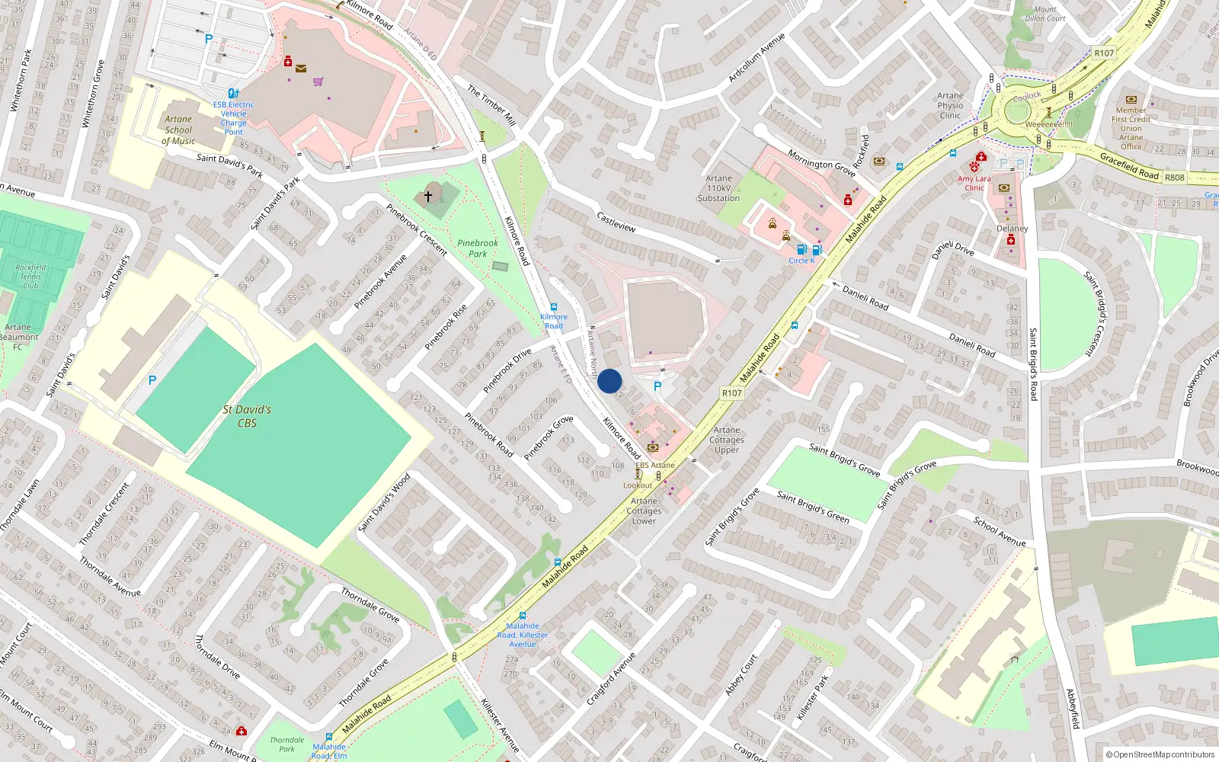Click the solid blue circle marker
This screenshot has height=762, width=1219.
(x=609, y=381)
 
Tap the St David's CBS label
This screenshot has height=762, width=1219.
(x=247, y=416)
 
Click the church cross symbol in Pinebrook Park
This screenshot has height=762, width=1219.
(x=428, y=197)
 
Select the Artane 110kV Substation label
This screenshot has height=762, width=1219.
(x=718, y=188)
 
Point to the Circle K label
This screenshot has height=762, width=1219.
(x=801, y=261)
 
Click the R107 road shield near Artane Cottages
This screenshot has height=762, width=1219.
(x=731, y=393)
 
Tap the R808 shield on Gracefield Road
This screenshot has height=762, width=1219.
(x=1175, y=178)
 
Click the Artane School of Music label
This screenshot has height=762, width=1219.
(x=178, y=130)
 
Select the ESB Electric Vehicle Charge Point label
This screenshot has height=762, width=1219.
(x=233, y=118)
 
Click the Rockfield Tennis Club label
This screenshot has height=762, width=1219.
(x=30, y=277)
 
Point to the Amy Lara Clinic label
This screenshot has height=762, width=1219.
(x=974, y=183)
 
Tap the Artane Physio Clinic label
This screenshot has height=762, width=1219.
(x=950, y=106)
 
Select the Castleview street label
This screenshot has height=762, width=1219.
(x=616, y=223)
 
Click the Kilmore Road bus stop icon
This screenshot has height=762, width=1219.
(x=554, y=307)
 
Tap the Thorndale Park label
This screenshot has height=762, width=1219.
(x=286, y=744)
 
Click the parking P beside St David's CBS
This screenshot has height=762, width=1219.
(x=152, y=380)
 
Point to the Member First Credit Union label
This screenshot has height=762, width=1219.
(x=1131, y=123)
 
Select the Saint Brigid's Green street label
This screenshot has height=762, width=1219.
(x=812, y=507)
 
